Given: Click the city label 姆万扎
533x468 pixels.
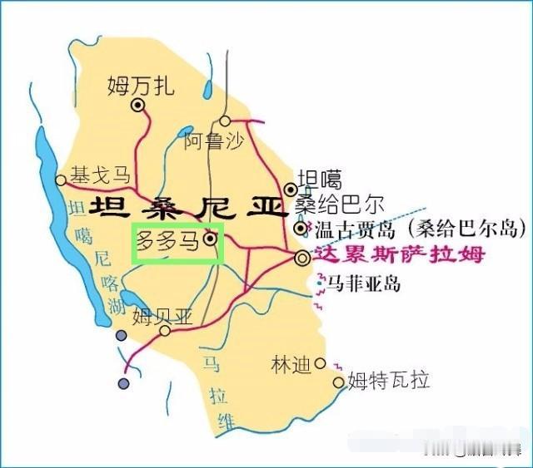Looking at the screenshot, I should coord(141,85).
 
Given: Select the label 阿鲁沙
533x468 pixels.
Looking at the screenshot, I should coord(214,141).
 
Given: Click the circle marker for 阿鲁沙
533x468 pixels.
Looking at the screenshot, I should coord(225,121).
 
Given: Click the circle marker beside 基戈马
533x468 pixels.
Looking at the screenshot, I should coord(61,180).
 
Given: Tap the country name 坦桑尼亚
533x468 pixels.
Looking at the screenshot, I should coord(187,206).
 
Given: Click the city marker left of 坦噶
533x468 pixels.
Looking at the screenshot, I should coord(291,189).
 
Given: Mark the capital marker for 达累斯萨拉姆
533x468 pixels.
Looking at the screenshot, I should coord(301,259).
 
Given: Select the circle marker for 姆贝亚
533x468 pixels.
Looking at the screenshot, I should coord(165,330).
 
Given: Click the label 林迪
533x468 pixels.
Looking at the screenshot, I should coord(291,364).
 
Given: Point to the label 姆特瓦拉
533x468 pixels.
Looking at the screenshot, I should coord(389,382).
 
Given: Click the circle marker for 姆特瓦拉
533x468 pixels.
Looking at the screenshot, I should coord(338,382).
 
